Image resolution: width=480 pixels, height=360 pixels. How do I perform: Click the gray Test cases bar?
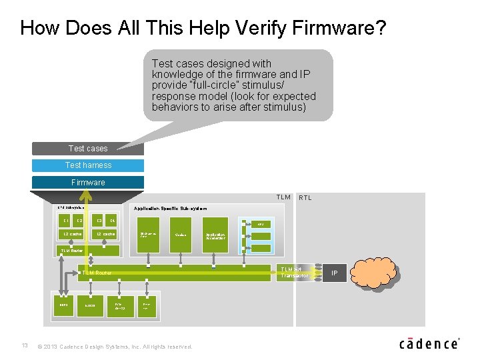(x=87, y=148)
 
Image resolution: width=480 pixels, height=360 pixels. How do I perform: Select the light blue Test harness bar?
(x=87, y=165)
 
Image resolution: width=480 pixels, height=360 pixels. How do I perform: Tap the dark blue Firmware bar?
(x=87, y=182)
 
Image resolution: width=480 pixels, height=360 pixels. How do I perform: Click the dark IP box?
(x=335, y=273)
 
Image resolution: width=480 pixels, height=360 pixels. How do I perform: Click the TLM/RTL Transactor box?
(x=293, y=272)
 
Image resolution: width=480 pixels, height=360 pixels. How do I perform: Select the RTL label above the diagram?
(x=305, y=197)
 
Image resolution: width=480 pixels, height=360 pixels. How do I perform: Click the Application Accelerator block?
(x=215, y=236)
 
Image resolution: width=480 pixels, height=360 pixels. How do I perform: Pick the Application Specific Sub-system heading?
(x=170, y=209)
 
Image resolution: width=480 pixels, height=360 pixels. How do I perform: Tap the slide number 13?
(x=25, y=345)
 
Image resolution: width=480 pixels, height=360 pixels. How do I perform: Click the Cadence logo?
(x=429, y=343)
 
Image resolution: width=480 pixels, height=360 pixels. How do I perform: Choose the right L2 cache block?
(x=105, y=234)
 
